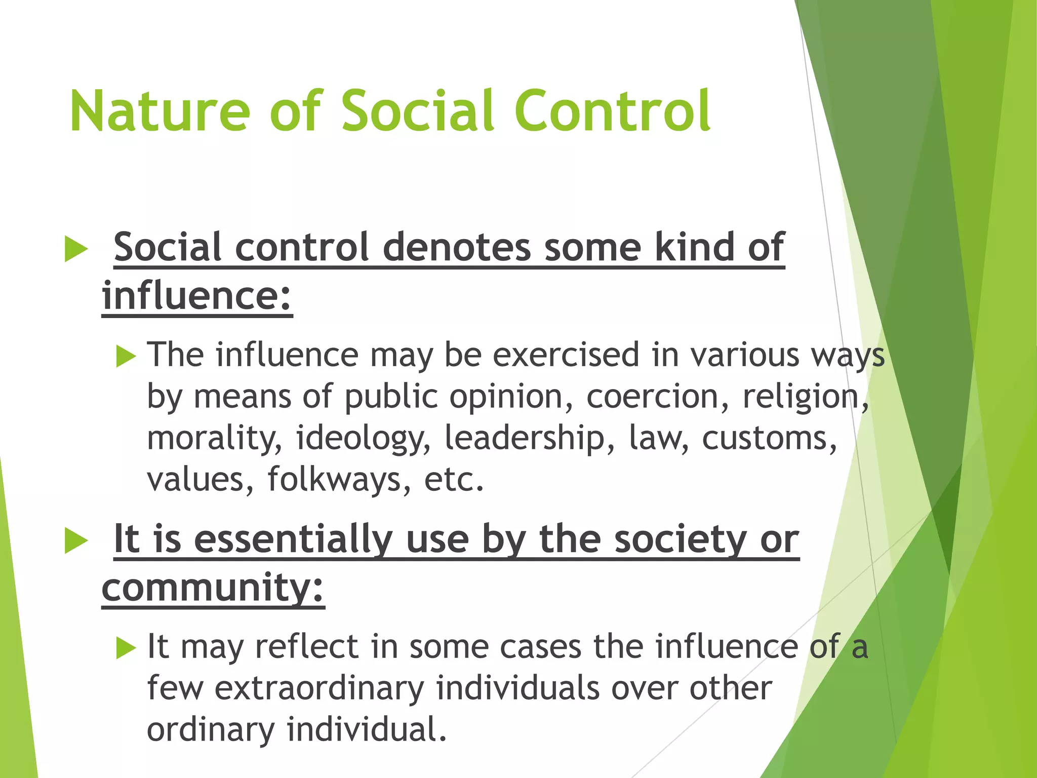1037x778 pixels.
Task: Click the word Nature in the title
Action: (160, 111)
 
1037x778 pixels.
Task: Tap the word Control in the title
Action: (613, 111)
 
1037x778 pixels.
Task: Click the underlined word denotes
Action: (457, 247)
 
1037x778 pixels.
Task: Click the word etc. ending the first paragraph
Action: (454, 479)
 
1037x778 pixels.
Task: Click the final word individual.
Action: (367, 729)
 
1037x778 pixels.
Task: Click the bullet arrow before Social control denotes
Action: (76, 250)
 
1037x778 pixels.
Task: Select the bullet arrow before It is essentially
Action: (76, 541)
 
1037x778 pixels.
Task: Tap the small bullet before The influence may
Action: (126, 356)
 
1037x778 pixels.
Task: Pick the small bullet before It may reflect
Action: (126, 648)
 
